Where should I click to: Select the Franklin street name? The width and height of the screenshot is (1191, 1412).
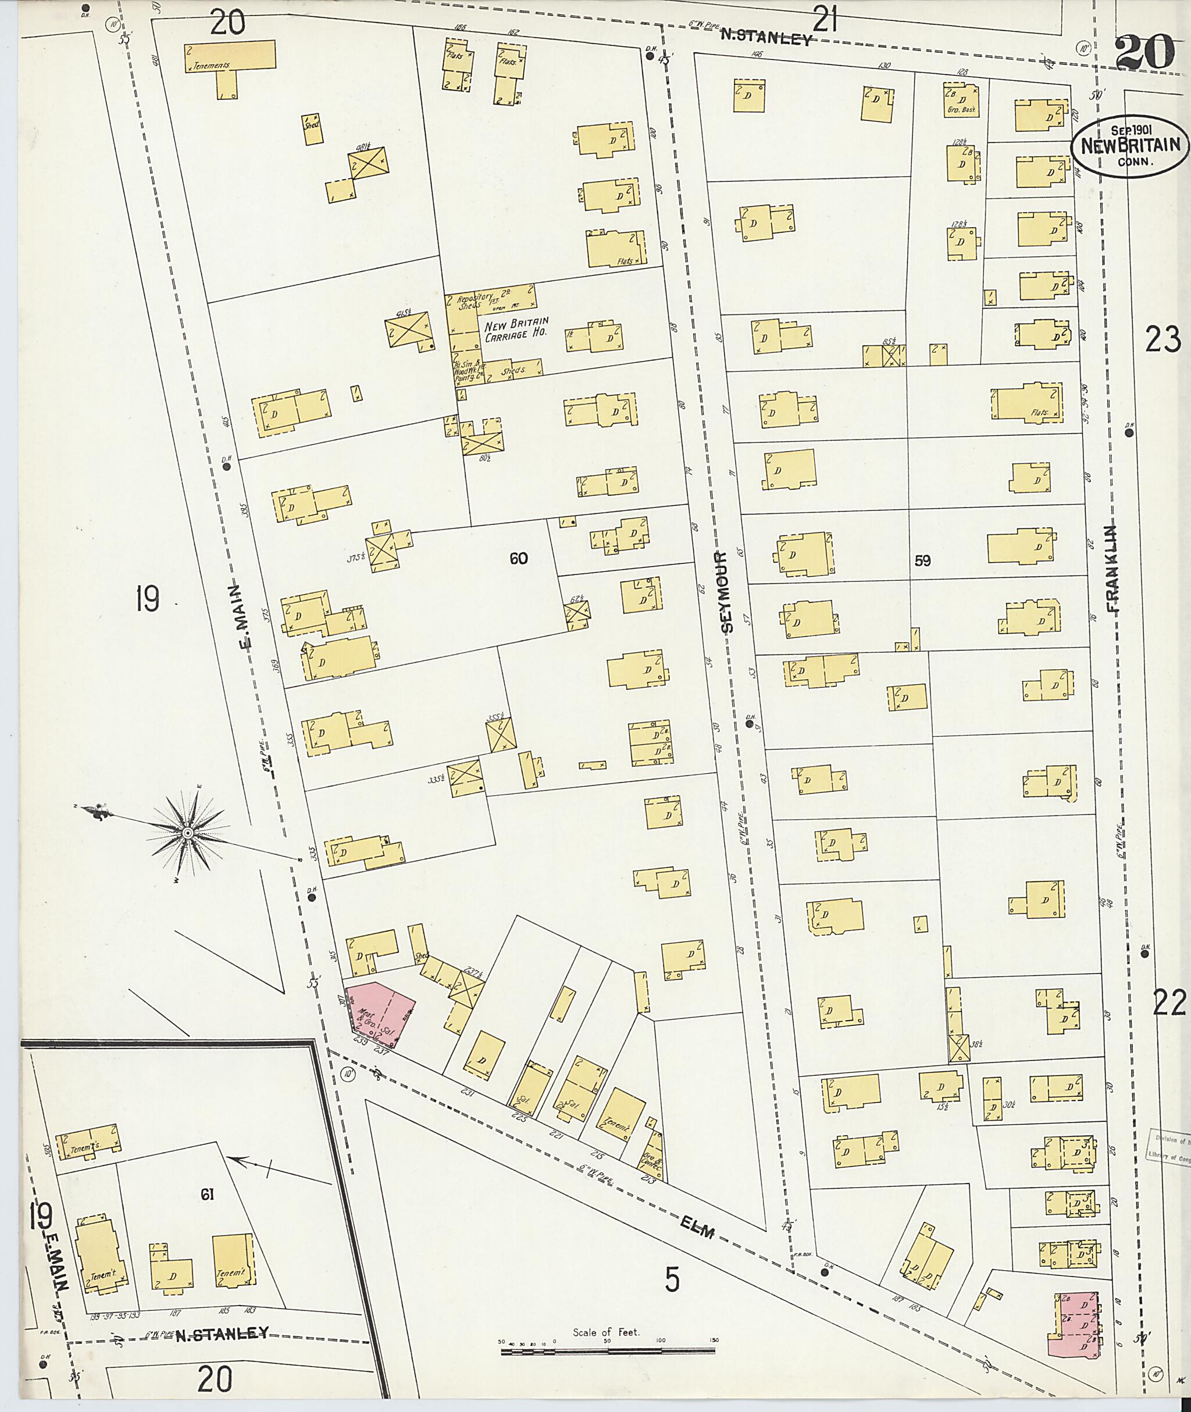tap(1112, 569)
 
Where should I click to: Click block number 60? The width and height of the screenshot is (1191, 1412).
tap(519, 558)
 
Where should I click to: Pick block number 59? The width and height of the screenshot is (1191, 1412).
tap(923, 560)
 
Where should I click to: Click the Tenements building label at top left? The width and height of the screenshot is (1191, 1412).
tap(211, 66)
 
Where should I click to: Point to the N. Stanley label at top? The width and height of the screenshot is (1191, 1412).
tap(765, 38)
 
